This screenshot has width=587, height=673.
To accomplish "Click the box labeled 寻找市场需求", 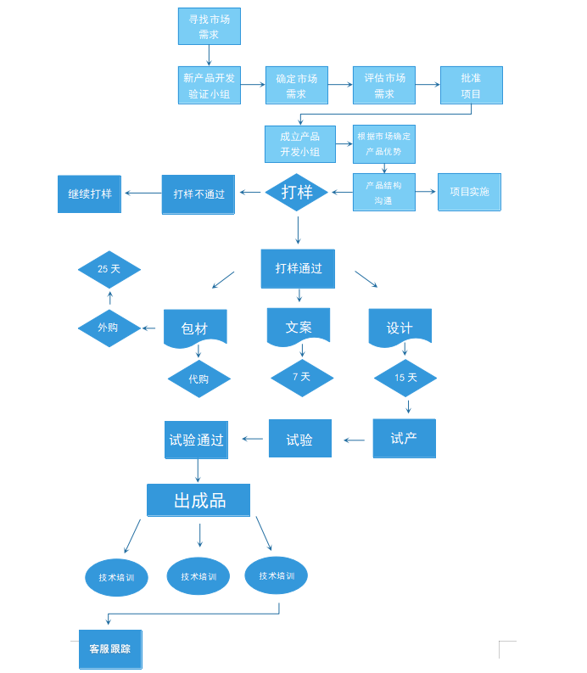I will pyautogui.click(x=209, y=26).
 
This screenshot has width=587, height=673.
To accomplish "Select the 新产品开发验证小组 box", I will pyautogui.click(x=209, y=86).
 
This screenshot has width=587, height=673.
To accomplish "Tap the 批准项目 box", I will pyautogui.click(x=471, y=86).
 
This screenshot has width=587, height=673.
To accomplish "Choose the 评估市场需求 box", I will pyautogui.click(x=383, y=86).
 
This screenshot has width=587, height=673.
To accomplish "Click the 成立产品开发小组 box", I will pyautogui.click(x=299, y=144).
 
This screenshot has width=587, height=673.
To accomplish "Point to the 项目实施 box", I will pyautogui.click(x=469, y=192).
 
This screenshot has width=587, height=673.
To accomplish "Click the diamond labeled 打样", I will pyautogui.click(x=297, y=192).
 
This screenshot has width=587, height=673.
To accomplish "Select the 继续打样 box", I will pyautogui.click(x=89, y=193).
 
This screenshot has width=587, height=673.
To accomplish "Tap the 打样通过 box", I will pyautogui.click(x=298, y=268).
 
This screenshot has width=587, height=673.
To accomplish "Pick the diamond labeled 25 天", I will pyautogui.click(x=109, y=269).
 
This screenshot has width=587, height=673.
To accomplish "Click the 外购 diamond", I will pyautogui.click(x=109, y=328).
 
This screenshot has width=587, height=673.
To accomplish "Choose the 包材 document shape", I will pyautogui.click(x=195, y=328).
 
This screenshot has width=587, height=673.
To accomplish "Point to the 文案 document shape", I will pyautogui.click(x=298, y=327).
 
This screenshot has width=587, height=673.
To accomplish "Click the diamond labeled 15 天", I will pyautogui.click(x=405, y=378).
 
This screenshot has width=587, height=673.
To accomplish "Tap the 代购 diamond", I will pyautogui.click(x=198, y=379).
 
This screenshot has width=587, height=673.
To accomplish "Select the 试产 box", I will pyautogui.click(x=404, y=439).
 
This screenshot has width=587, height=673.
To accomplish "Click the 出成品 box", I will pyautogui.click(x=198, y=500).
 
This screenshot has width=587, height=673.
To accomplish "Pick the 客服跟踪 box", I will pyautogui.click(x=110, y=649).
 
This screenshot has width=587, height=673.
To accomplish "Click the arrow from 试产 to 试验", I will pyautogui.click(x=355, y=440).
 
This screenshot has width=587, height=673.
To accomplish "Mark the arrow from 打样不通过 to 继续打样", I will pyautogui.click(x=143, y=193).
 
